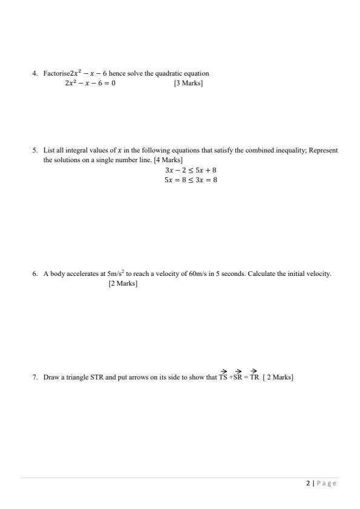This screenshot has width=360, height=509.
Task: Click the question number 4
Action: point(35,74)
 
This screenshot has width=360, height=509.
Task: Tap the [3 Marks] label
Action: point(188,83)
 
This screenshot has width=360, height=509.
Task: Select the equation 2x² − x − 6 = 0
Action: point(90,83)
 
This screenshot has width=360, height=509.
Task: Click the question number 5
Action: point(35,150)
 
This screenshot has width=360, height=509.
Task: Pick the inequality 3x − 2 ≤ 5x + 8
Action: point(191,171)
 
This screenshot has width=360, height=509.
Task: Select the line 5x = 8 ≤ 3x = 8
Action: point(191,180)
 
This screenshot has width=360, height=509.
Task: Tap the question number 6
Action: point(35,274)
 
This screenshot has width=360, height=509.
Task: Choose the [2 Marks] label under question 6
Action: point(123,283)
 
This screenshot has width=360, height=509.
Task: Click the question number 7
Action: point(35,378)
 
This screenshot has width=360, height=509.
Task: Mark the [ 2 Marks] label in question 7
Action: point(278,378)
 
